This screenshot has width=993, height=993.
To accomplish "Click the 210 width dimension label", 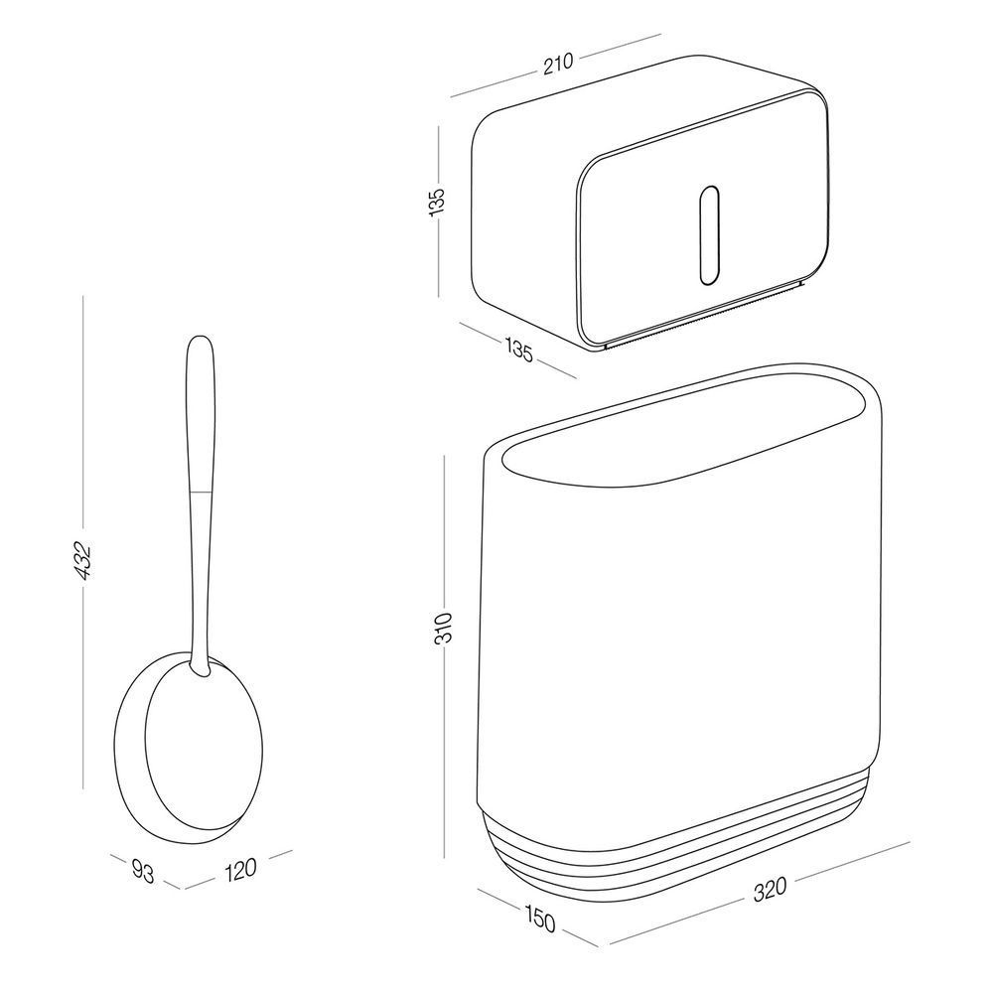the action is (x=558, y=64).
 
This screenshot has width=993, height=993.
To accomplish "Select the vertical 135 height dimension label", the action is (x=438, y=202).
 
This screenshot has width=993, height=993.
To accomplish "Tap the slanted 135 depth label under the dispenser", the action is (x=518, y=350).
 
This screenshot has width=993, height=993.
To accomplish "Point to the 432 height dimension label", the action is (x=83, y=561).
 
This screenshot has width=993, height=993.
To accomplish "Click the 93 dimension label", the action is (x=143, y=872).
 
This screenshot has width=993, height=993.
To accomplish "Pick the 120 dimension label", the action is (x=240, y=869).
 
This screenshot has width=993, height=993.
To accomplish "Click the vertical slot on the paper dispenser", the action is (x=709, y=235).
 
